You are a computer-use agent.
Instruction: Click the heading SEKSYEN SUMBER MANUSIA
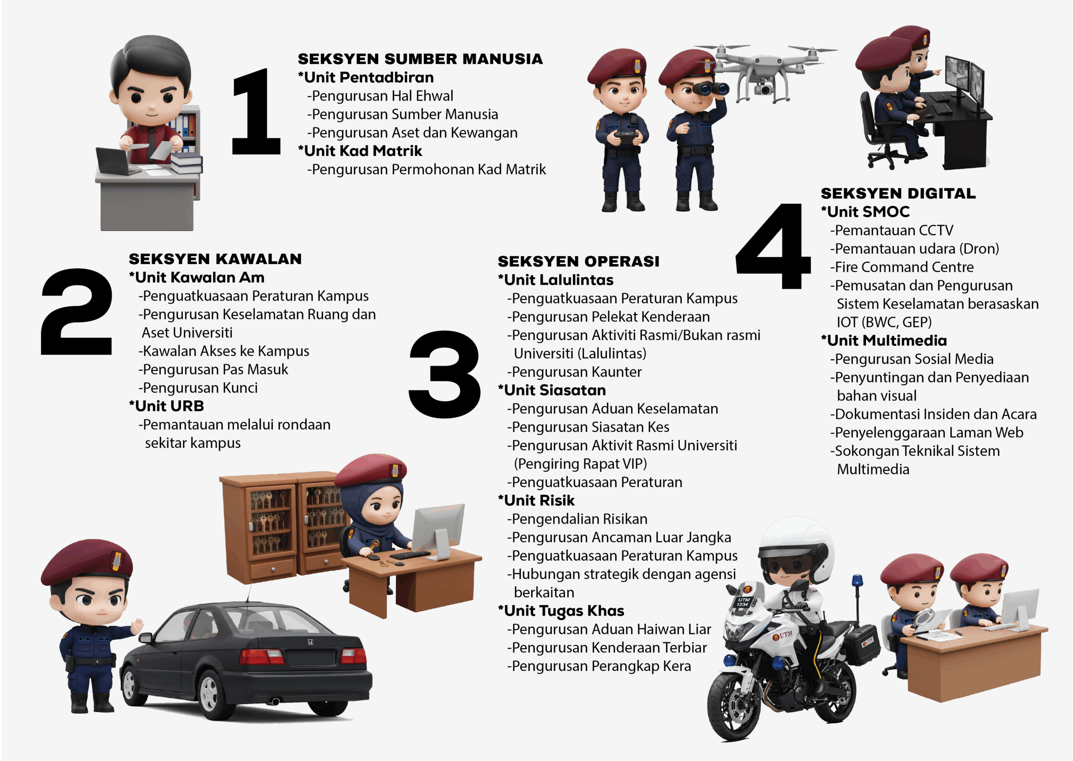[x=420, y=59]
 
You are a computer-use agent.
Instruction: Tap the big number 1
[x=256, y=111]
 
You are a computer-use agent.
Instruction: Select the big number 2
[x=77, y=312]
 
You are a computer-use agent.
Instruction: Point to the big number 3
[x=445, y=374]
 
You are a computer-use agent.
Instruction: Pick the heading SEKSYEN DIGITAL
[x=898, y=194]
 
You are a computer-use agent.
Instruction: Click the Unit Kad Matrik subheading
[x=360, y=151]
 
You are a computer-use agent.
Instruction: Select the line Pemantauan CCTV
[x=892, y=230]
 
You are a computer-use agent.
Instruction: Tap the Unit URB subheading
[x=166, y=406]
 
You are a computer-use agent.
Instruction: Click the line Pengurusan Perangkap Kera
[x=599, y=666]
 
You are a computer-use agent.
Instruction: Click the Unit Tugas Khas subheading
[x=561, y=610]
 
